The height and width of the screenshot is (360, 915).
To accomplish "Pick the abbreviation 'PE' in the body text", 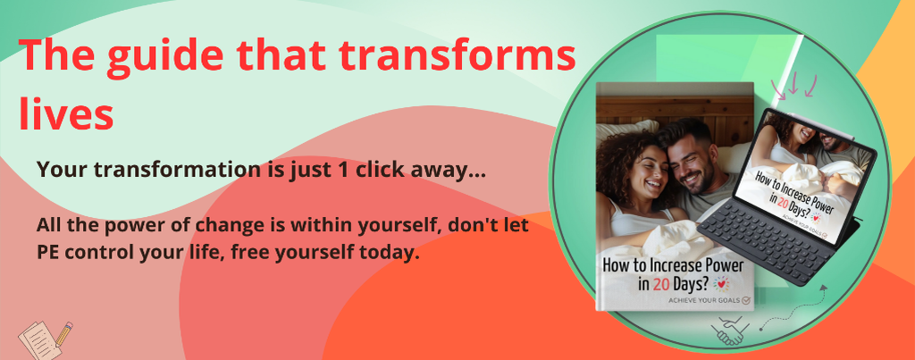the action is coord(46,254).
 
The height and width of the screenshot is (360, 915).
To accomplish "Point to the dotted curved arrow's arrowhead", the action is coord(823,289).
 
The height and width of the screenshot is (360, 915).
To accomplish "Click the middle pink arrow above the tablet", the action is coord(793,84).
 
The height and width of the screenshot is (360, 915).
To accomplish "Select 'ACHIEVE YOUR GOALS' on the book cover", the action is coord(705,301).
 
